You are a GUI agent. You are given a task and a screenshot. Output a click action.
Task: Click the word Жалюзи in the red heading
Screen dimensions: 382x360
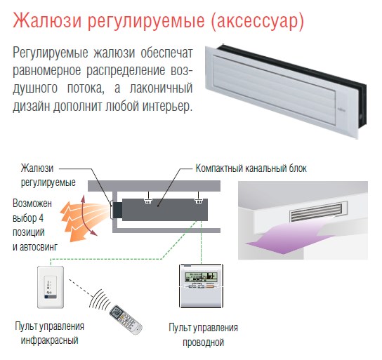point(47,20)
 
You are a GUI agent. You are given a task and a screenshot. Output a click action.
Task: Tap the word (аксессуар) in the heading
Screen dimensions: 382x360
point(258,21)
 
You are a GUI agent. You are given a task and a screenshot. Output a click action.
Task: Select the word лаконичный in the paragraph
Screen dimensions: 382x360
point(161,88)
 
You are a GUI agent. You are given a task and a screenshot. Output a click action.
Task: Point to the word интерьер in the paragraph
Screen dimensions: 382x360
point(168,106)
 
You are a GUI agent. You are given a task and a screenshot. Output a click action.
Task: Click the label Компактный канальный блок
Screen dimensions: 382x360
point(251,168)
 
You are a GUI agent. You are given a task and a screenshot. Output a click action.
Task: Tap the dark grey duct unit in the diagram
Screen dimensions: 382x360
point(165,210)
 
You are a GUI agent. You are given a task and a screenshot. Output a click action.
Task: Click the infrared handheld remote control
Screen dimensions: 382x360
point(125,319)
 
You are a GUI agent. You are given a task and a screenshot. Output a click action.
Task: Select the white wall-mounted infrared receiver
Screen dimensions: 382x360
point(51,287)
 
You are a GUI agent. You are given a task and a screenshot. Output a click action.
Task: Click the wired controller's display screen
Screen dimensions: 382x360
point(201,276)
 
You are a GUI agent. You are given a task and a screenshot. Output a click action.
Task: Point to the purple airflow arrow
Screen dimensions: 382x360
point(287,239)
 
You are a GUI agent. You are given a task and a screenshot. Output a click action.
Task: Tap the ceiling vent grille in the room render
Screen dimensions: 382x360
point(316,212)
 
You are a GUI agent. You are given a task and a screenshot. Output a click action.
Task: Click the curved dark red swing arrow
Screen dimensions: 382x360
point(87,215)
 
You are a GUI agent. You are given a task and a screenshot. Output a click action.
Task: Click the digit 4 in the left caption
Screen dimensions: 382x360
point(41,218)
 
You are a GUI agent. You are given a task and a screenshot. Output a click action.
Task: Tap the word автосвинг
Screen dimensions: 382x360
point(39,247)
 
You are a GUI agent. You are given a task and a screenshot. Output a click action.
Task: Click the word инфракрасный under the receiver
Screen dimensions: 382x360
point(49,340)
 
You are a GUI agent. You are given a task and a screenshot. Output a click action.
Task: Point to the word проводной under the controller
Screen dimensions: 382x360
point(203,342)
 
